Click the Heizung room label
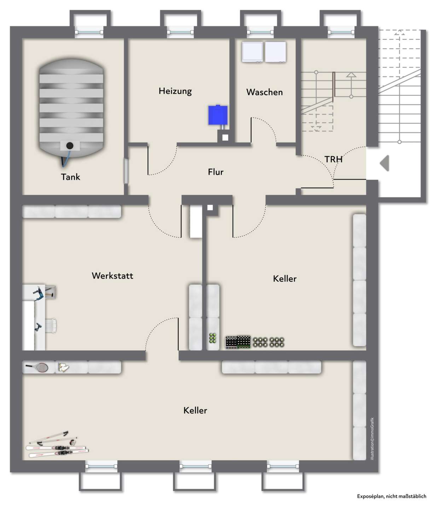coord(175,91)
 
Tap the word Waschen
coord(264,92)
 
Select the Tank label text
coord(70,177)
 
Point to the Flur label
coord(216,172)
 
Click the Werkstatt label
coord(112,276)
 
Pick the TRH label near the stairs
coord(333,159)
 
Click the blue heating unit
coord(217,115)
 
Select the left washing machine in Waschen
coord(252,52)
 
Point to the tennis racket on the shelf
coord(38,367)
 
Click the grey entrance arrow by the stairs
coord(385,163)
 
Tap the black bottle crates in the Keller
coord(238,342)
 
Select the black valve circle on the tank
coord(70,145)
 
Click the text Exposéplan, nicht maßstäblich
coord(391,496)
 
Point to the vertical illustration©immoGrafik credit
coord(372,439)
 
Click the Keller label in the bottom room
coord(195,410)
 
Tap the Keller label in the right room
coord(285,279)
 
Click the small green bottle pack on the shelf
coord(213,338)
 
